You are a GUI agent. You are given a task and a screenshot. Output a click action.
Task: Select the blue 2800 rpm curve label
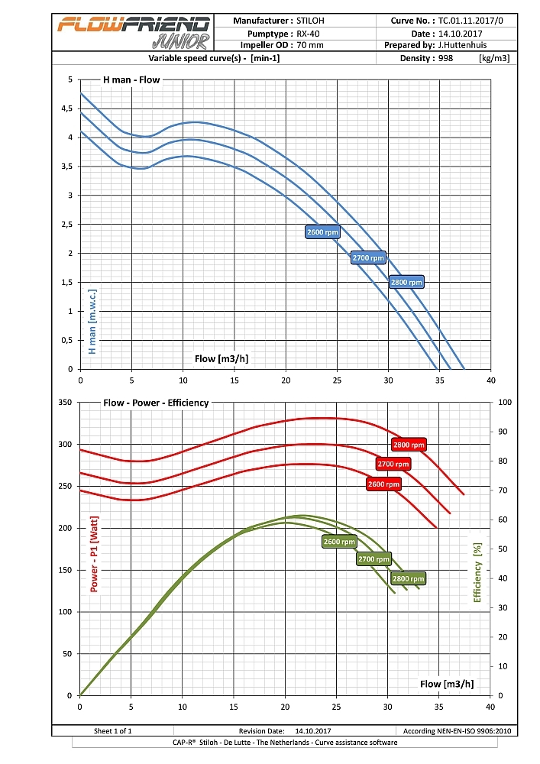406,282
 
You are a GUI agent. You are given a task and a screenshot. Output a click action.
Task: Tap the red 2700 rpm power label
393,464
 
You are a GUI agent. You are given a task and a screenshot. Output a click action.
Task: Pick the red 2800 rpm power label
409,445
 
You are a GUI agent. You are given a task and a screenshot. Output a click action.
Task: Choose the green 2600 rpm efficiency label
339,541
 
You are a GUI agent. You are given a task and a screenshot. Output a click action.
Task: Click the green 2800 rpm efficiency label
408,578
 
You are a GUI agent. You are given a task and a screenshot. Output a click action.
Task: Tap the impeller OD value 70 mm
309,46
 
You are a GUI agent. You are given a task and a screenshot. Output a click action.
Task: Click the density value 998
446,58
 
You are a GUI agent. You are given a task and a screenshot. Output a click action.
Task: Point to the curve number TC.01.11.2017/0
471,21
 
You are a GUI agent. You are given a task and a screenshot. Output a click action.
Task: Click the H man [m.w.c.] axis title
92,322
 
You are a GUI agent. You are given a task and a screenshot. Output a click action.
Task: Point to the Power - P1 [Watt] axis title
95,555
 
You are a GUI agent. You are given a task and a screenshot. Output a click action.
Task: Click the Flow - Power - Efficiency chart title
156,403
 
